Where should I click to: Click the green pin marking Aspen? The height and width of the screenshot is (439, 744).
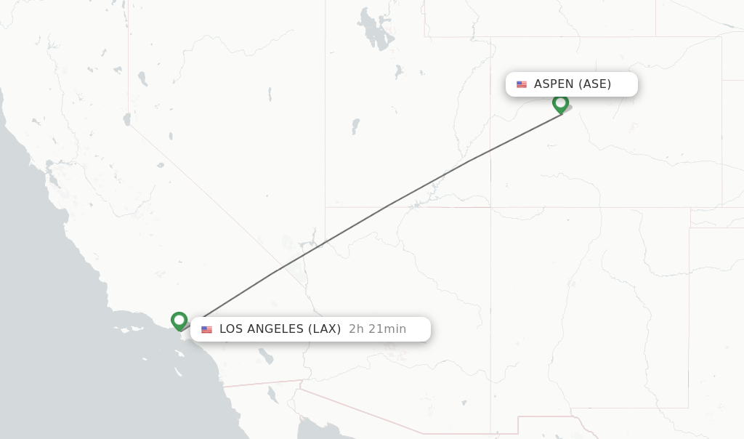click(560, 102)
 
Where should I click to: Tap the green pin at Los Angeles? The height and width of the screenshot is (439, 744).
click(179, 320)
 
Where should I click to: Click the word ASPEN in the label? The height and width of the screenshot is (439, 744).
click(554, 84)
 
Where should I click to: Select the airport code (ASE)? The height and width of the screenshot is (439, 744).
click(594, 84)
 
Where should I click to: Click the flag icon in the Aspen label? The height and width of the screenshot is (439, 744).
click(522, 84)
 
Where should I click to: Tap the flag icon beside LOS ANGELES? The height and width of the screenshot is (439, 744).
click(207, 329)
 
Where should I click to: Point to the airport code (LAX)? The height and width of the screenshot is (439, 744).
click(324, 329)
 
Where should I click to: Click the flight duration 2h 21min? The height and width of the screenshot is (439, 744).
click(377, 329)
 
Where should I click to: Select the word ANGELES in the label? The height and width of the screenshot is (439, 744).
click(276, 329)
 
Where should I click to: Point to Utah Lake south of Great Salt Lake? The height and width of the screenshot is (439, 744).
click(399, 72)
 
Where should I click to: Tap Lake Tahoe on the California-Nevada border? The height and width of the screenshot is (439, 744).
click(127, 118)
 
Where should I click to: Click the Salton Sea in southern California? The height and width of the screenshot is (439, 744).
click(266, 357)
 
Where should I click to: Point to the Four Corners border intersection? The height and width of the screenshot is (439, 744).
click(490, 207)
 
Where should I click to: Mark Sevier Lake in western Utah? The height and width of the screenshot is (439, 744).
click(355, 126)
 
